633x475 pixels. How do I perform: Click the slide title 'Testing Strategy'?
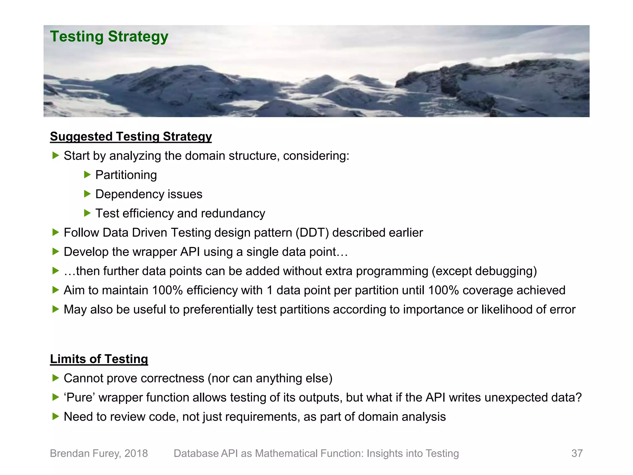tap(109, 36)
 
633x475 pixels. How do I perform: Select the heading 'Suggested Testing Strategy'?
tap(131, 136)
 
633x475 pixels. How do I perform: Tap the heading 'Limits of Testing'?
tap(99, 359)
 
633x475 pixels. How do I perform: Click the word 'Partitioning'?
tap(126, 175)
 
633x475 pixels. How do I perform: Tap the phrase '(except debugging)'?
tap(484, 271)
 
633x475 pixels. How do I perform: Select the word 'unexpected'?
tap(516, 397)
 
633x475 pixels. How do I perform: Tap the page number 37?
tap(577, 453)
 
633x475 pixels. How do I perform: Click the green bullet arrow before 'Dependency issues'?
tap(87, 194)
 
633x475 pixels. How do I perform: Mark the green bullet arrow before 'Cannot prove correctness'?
tap(56, 378)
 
